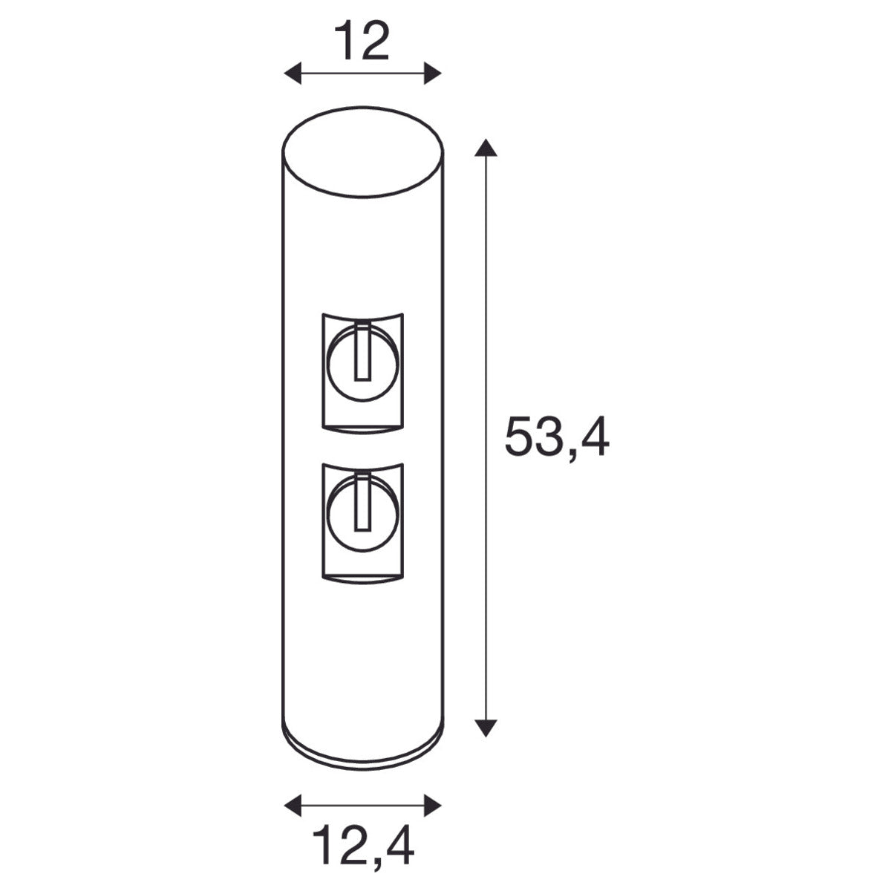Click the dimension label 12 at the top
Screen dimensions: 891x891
coord(362,41)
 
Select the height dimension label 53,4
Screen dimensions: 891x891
coord(557,437)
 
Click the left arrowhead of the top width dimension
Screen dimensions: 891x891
coord(293,73)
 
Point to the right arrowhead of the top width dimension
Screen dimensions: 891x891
coord(433,73)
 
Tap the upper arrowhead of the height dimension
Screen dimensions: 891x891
coord(486,148)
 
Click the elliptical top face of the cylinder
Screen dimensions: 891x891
coord(363,152)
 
